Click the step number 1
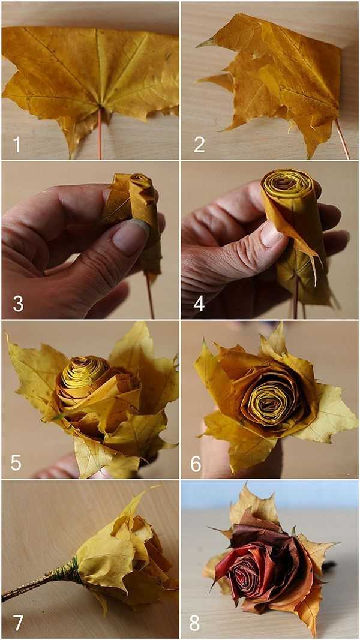tap(17, 145)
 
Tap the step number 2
tap(199, 145)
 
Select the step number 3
tap(18, 304)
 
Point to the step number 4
tap(199, 304)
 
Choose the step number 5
tap(16, 463)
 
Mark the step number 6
tap(196, 463)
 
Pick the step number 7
tap(18, 623)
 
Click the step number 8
tap(194, 623)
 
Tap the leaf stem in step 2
tap(343, 139)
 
